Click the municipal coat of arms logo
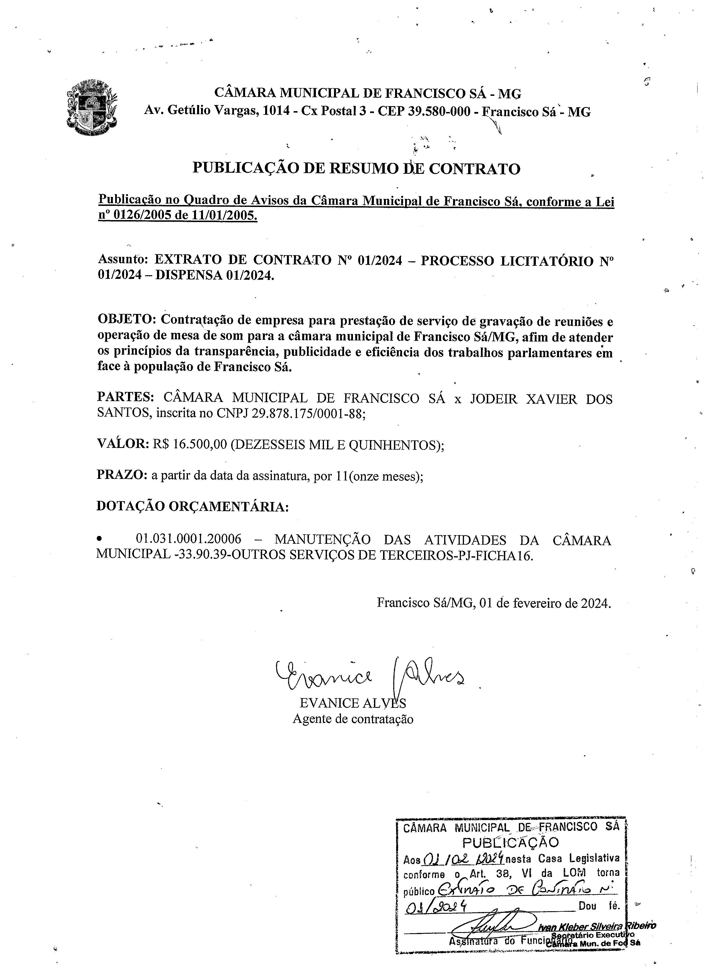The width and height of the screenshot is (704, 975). (92, 107)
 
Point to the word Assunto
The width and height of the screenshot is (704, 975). (123, 259)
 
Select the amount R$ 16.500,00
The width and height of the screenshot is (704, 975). (189, 444)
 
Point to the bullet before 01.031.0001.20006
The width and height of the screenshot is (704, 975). (100, 539)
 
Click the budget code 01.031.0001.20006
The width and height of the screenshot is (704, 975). (188, 539)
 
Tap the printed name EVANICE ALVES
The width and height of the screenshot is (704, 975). (352, 703)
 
